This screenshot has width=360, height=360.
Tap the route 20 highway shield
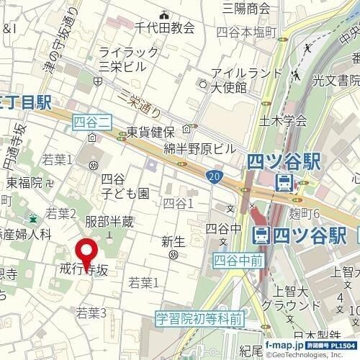tap(216, 176)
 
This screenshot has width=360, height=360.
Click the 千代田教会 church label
tap(165, 27)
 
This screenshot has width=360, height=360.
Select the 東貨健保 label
tap(151, 132)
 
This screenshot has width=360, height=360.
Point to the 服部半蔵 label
tap(109, 222)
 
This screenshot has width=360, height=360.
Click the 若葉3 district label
tap(91, 312)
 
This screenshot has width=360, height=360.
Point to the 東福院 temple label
tap(24, 183)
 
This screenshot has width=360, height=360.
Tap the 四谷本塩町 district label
tap(247, 32)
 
